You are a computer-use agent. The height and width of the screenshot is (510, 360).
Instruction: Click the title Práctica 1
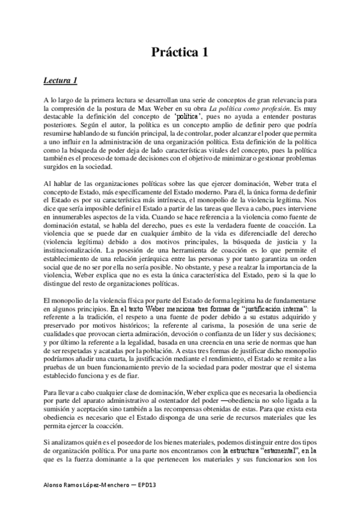pos(180,52)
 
